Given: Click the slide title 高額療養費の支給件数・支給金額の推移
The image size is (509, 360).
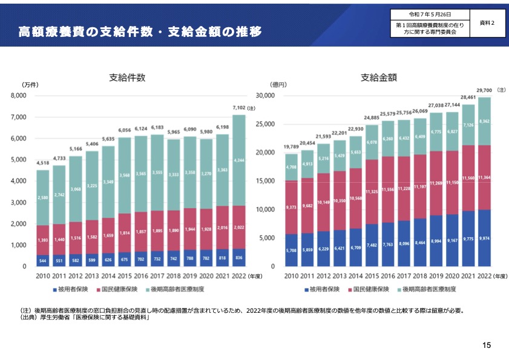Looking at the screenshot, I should (139, 31).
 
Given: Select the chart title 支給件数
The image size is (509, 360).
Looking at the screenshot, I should (127, 77).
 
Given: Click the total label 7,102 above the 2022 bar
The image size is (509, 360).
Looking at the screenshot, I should (239, 108).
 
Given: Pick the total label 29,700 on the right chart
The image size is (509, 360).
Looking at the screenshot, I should (484, 90).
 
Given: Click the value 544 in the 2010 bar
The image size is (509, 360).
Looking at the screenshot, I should (43, 261).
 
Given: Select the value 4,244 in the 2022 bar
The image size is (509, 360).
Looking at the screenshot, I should (239, 161).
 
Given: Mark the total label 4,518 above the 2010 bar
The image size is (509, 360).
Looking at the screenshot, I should (43, 163).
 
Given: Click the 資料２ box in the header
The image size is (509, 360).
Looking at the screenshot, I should (487, 22).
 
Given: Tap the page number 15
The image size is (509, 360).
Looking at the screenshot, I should (487, 345).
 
